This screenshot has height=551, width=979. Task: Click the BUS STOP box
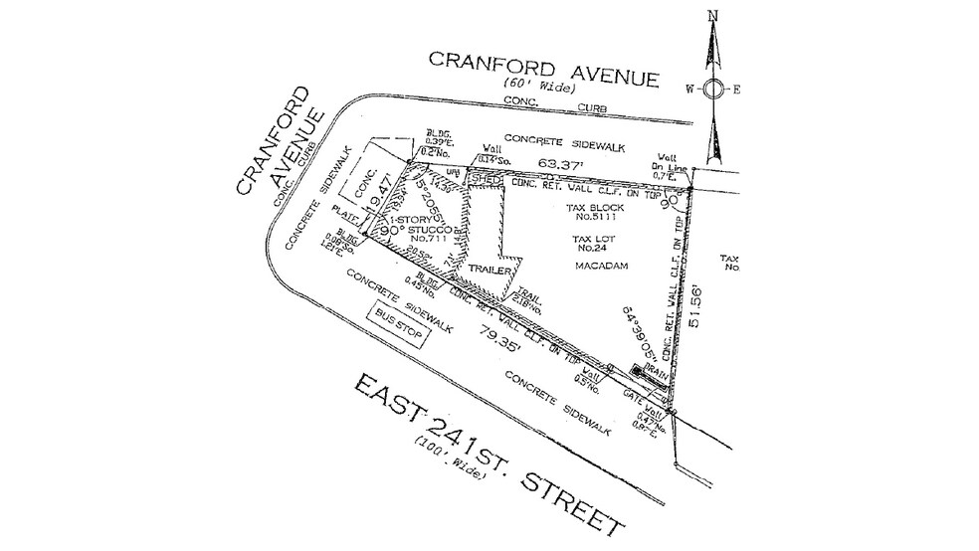click(x=398, y=326)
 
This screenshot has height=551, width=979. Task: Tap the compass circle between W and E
click(x=712, y=89)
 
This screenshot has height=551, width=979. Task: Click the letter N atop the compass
click(x=712, y=15)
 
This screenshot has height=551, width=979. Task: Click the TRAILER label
click(x=489, y=271)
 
